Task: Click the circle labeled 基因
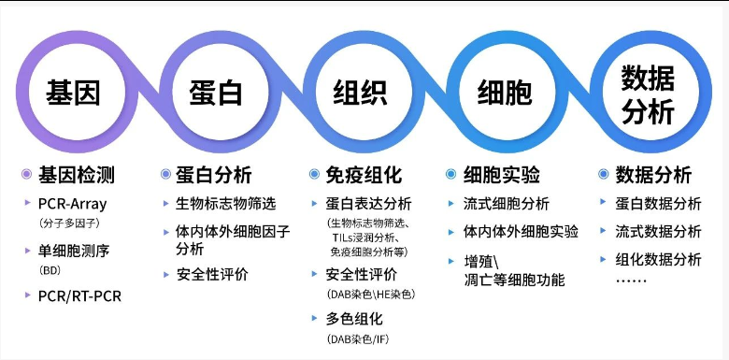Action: [21, 92]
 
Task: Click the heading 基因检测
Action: [77, 175]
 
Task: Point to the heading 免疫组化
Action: [364, 175]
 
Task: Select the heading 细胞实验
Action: [502, 175]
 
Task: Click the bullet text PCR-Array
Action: [73, 204]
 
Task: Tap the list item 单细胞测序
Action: [74, 252]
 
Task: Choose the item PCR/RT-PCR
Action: [79, 296]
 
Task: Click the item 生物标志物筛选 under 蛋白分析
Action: [226, 203]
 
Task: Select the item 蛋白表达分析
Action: [368, 203]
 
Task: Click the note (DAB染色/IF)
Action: [358, 339]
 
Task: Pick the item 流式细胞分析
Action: [507, 203]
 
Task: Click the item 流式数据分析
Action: [658, 232]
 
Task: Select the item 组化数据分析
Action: [658, 260]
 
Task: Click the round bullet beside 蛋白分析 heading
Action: [166, 175]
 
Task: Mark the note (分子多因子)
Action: [70, 223]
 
